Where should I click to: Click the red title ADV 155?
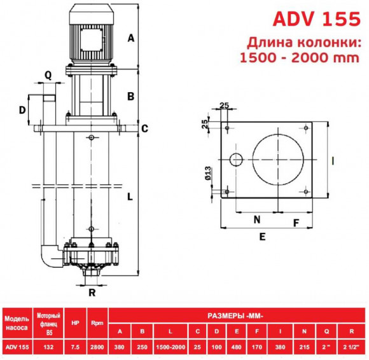[316, 19]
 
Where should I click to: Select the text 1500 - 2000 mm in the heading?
[300, 58]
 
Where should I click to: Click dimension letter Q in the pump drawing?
[48, 74]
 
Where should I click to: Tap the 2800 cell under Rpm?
[97, 346]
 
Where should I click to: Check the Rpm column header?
[97, 321]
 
